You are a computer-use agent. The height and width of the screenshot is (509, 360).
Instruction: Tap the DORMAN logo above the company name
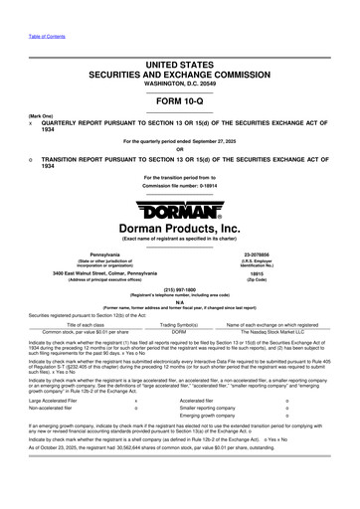pos(179,212)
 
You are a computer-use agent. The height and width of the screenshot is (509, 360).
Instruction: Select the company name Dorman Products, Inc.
pos(179,232)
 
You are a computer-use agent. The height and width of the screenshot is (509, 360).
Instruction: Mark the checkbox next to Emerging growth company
pos(314,416)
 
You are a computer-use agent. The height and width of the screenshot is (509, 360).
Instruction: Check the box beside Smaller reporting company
pos(314,407)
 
